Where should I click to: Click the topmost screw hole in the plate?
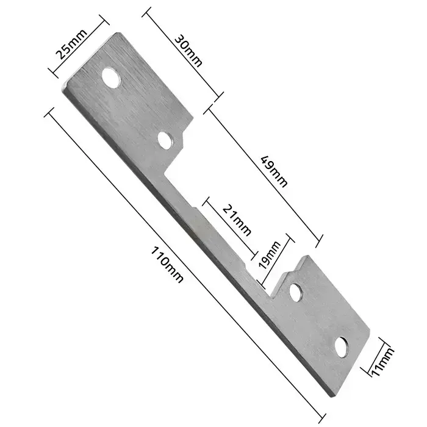[111, 78]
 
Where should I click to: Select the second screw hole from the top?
[164, 140]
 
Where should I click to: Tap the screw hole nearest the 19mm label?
[296, 292]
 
